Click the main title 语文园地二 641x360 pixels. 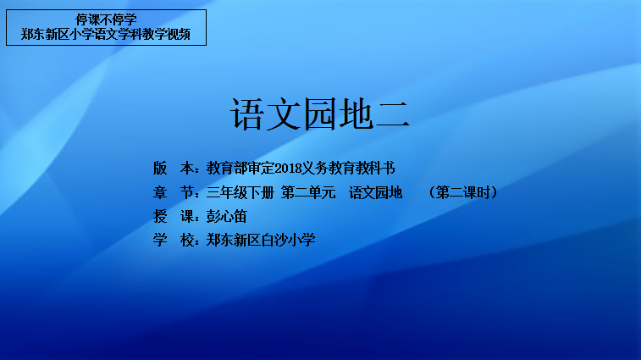pyautogui.click(x=320, y=114)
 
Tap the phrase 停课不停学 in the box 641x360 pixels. pyautogui.click(x=106, y=19)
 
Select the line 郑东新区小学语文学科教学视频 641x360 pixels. pyautogui.click(x=106, y=34)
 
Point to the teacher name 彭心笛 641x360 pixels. pyautogui.click(x=226, y=216)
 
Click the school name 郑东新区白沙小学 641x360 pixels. pyautogui.click(x=261, y=240)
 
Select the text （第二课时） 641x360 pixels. pyautogui.click(x=463, y=192)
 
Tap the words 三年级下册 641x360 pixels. pyautogui.click(x=240, y=192)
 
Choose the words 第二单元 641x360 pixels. pyautogui.click(x=308, y=192)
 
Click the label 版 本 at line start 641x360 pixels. pyautogui.click(x=173, y=168)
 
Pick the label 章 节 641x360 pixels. pyautogui.click(x=173, y=192)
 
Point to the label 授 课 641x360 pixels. pyautogui.click(x=173, y=216)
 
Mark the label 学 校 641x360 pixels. pyautogui.click(x=173, y=240)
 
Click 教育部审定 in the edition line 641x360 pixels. pyautogui.click(x=240, y=168)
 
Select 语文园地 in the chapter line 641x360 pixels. pyautogui.click(x=376, y=192)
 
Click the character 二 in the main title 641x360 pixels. pyautogui.click(x=392, y=114)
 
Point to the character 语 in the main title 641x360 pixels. pyautogui.click(x=247, y=114)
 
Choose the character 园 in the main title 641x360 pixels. pyautogui.click(x=320, y=114)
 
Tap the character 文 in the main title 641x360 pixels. pyautogui.click(x=284, y=114)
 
